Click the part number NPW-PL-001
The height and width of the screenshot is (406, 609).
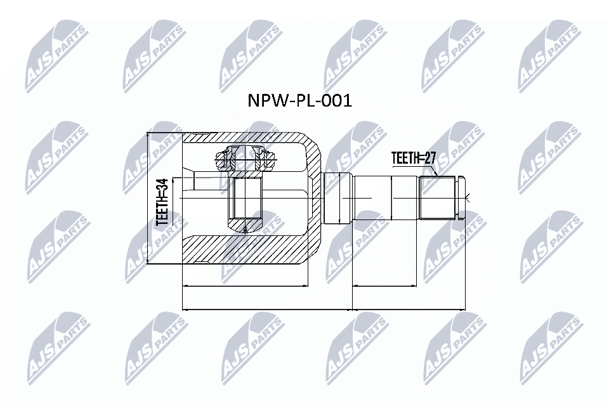298,100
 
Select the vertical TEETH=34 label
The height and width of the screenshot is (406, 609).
162,202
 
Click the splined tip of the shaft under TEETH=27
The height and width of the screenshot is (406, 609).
438,198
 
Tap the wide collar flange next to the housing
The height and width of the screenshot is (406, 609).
337,198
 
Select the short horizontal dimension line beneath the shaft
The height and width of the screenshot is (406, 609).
384,286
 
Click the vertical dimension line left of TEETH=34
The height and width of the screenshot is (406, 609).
148,198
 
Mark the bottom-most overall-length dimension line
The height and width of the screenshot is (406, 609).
324,310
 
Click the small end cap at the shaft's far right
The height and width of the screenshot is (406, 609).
461,198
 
